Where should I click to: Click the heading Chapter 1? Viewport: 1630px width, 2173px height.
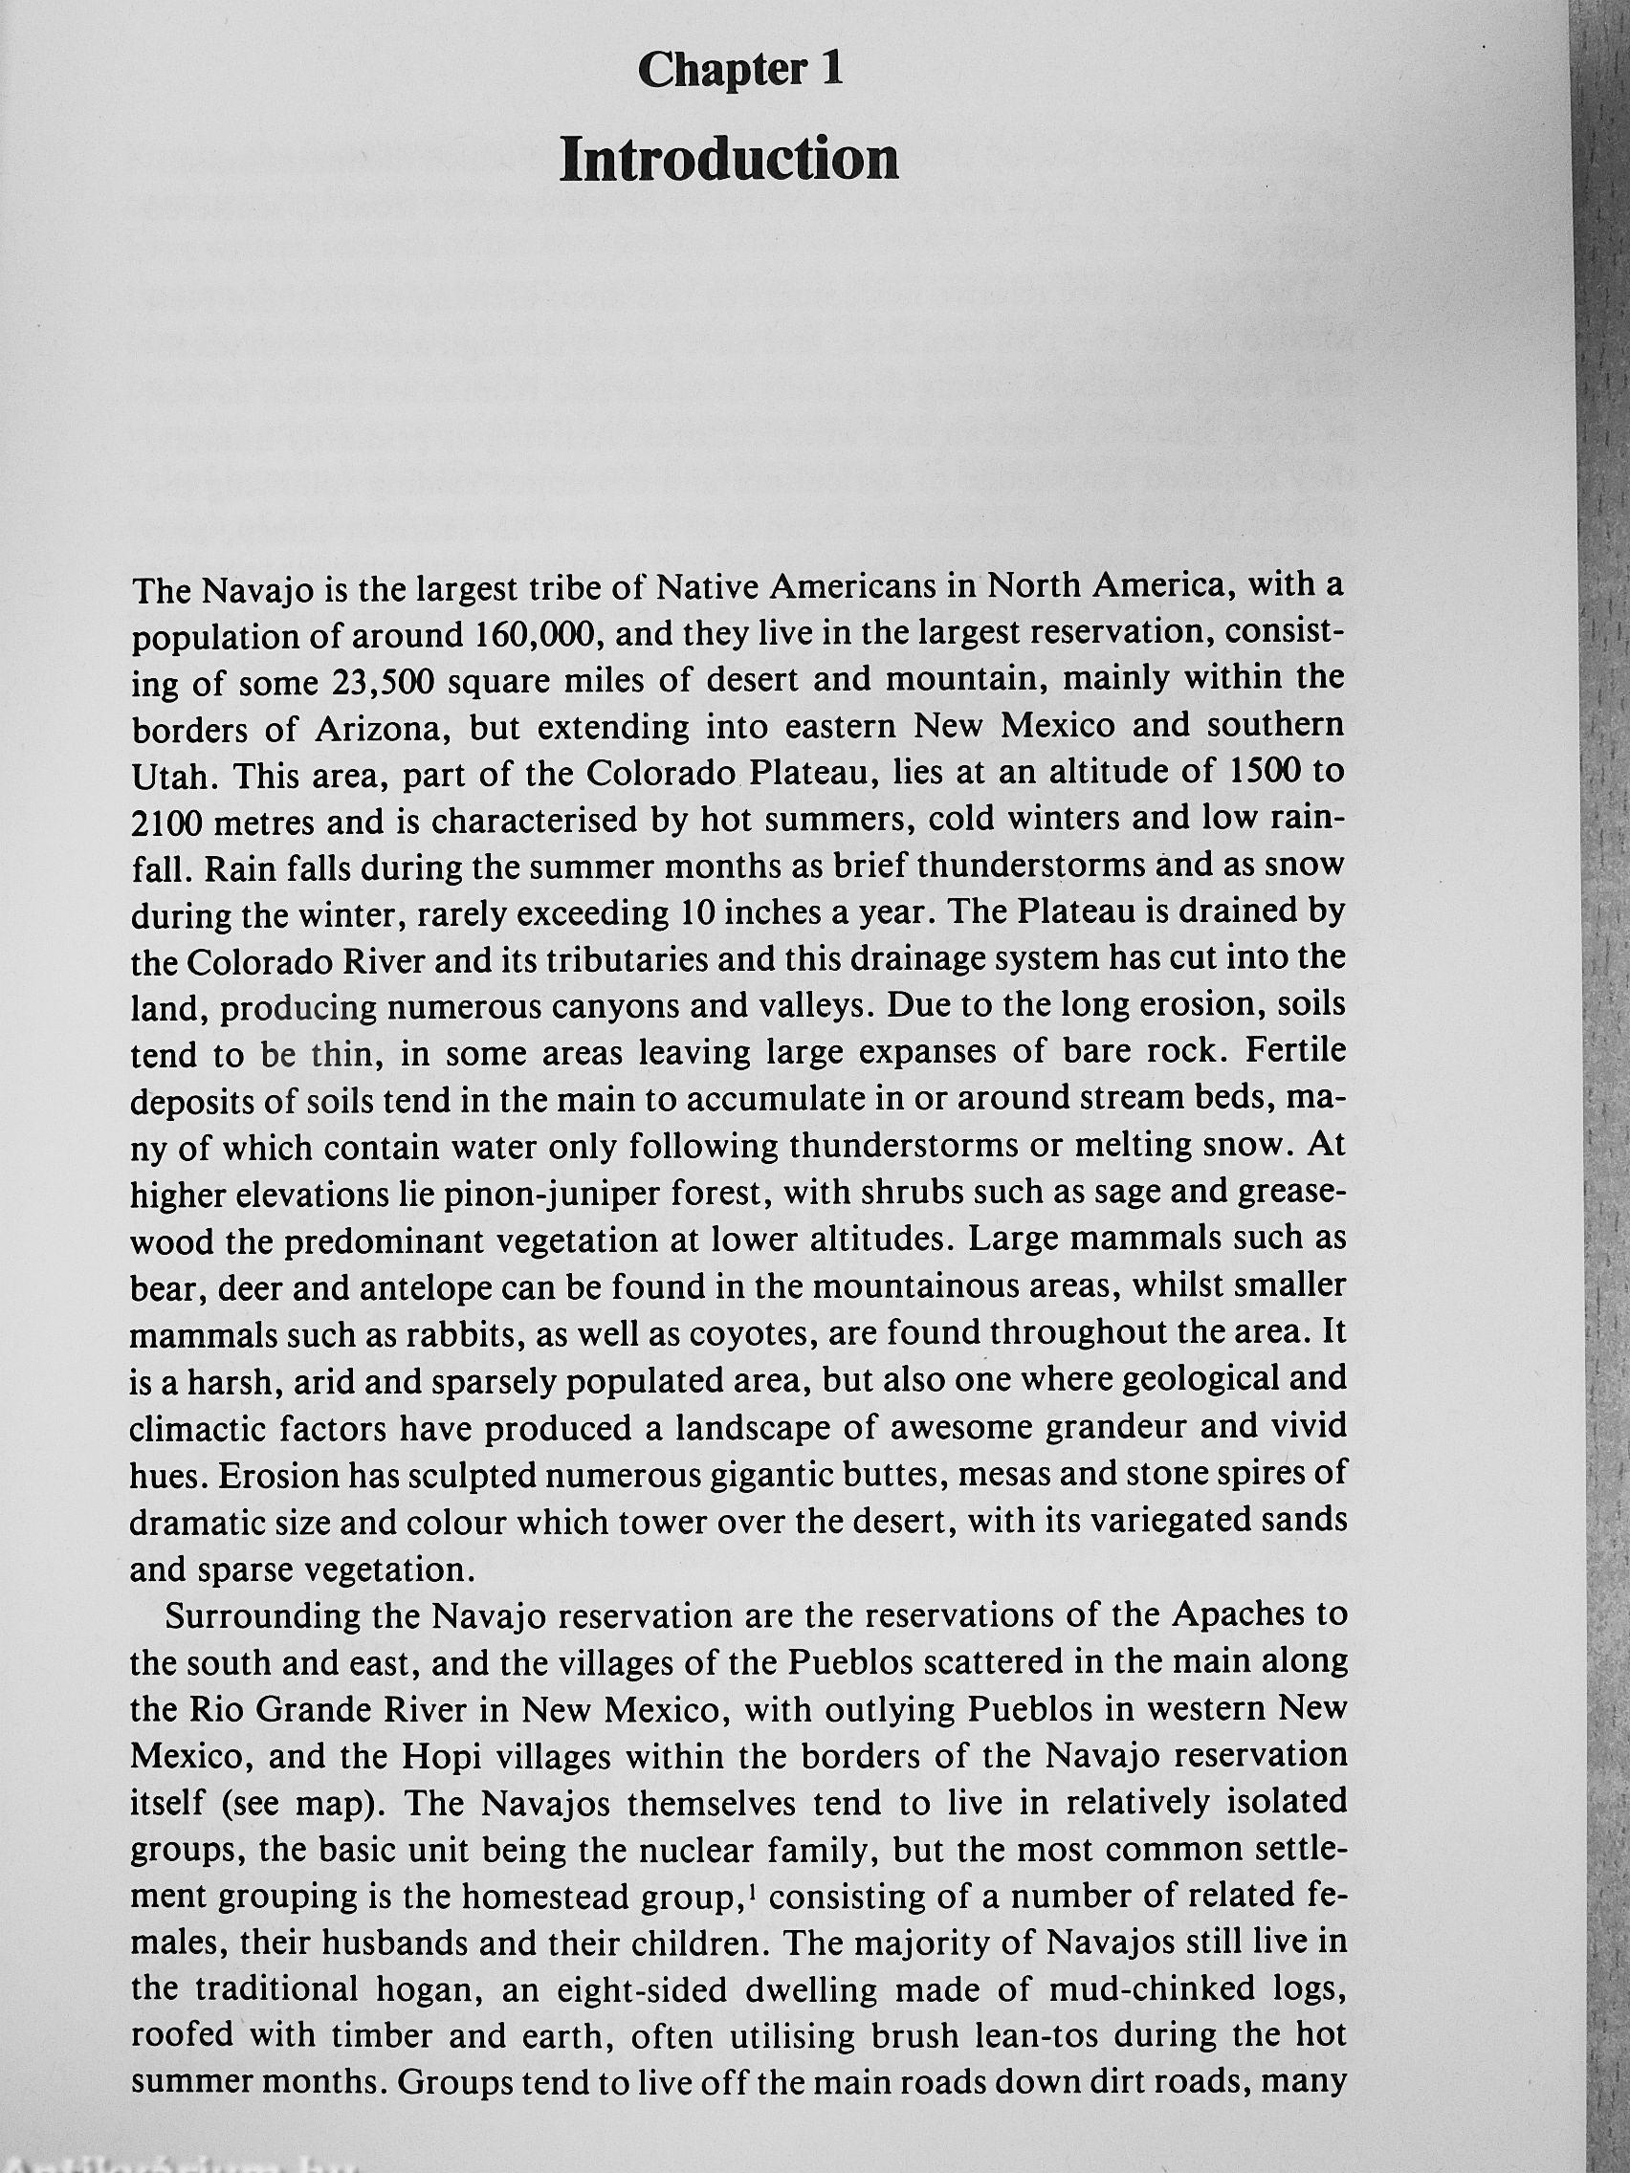pos(739,71)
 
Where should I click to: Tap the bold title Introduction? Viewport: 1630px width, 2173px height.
pos(729,160)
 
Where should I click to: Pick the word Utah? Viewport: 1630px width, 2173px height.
pos(168,776)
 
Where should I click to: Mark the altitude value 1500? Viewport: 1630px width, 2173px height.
pos(1262,772)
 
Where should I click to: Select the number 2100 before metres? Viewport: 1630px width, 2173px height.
pos(167,823)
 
